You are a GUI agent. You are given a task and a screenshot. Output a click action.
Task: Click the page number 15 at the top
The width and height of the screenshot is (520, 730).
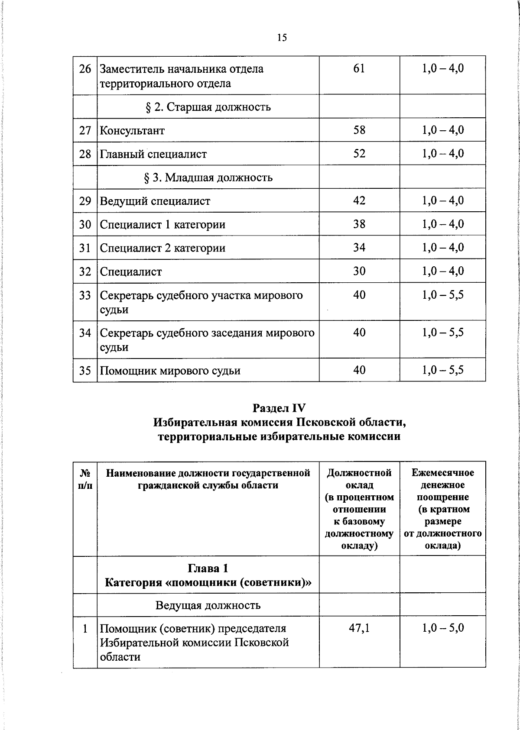coord(282,38)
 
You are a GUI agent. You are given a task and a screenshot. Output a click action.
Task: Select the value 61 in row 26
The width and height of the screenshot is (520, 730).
coord(359,68)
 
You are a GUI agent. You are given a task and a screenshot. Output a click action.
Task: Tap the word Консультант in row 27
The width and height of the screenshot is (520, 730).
coord(132,130)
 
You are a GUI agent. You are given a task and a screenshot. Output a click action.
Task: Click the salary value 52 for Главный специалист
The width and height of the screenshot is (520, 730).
coord(359,154)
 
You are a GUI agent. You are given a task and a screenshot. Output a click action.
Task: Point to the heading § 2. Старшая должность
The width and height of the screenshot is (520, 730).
coord(208,107)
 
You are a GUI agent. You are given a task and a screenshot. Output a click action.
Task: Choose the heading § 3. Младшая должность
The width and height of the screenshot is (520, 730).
coord(208,178)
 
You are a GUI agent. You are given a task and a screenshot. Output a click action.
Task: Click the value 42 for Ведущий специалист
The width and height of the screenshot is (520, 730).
coord(359,201)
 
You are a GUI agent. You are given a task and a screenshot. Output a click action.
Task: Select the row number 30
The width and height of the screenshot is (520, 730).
coord(85,225)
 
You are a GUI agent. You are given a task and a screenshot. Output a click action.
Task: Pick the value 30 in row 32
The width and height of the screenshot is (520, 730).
coord(359,271)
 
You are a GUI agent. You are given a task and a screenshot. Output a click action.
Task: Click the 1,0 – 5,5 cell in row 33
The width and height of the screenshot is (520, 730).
coord(442,295)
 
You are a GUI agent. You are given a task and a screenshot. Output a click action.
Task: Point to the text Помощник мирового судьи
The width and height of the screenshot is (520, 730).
coord(170,371)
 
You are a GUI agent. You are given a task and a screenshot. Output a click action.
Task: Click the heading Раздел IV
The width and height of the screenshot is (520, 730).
coord(279,408)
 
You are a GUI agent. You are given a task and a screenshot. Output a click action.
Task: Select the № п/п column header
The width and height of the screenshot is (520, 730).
coord(85,479)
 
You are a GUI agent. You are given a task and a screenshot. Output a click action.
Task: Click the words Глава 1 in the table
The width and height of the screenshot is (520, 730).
coord(208,568)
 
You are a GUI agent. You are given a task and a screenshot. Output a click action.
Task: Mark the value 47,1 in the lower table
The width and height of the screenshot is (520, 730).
coord(359,628)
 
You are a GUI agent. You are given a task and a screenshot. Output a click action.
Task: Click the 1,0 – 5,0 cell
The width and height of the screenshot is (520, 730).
coord(442,628)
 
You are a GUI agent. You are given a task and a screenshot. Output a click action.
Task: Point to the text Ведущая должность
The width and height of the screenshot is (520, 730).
coord(208,605)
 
